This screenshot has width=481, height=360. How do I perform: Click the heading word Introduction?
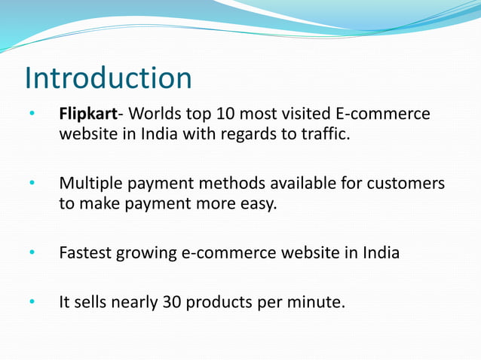108,78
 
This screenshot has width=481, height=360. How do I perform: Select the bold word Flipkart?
88,114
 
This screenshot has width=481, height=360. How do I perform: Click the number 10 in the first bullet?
225,114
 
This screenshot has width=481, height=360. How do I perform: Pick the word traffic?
327,135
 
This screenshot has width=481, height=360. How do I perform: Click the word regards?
253,135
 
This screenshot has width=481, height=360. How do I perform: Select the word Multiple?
89,184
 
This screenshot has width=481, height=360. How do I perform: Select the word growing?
146,253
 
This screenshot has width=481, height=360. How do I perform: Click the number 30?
170,303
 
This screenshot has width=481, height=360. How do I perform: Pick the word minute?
317,303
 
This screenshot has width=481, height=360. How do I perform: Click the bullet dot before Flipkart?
32,115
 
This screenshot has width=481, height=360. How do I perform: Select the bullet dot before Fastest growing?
32,253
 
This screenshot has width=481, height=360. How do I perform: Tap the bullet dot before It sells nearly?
32,304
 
